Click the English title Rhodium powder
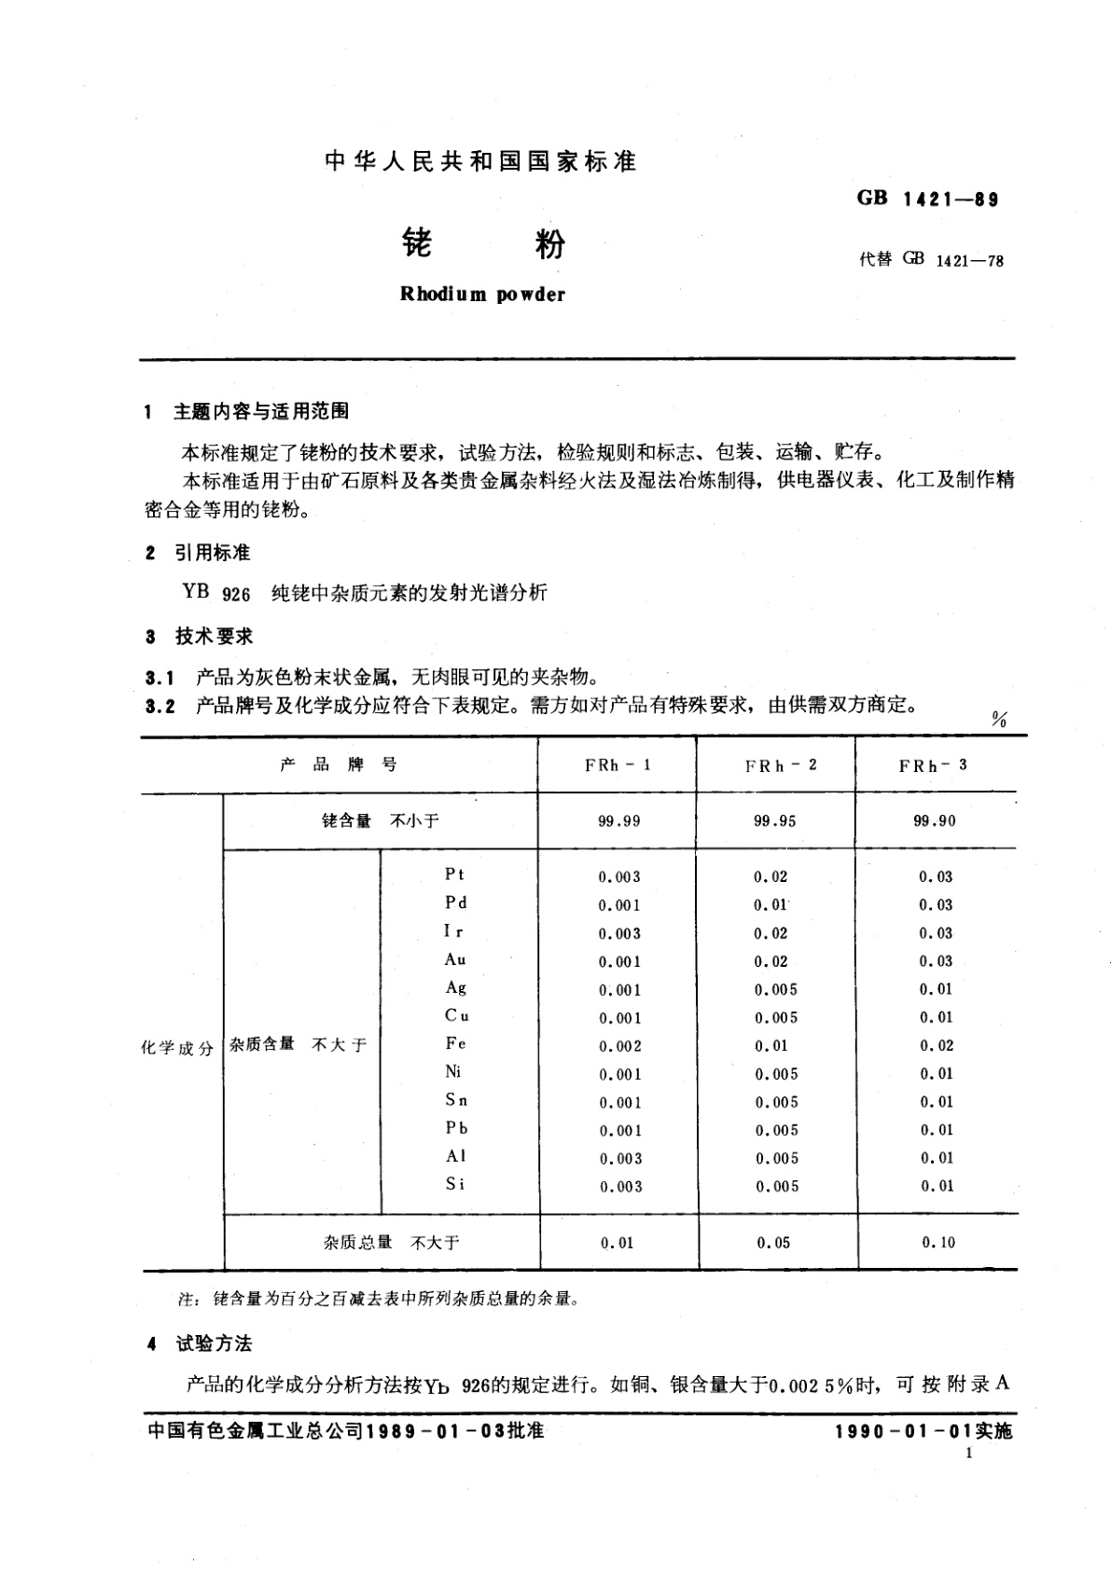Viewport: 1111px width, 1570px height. [x=482, y=295]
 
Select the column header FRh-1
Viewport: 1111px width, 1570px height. [x=618, y=765]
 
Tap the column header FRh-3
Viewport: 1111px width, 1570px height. [x=933, y=765]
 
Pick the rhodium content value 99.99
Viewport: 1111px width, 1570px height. [x=618, y=821]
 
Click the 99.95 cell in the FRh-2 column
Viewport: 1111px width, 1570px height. [x=774, y=821]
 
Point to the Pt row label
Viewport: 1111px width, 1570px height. [x=454, y=875]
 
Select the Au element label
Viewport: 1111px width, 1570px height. [x=455, y=959]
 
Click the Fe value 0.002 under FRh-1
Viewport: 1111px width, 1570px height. [x=619, y=1046]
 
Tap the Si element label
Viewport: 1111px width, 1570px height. [x=454, y=1185]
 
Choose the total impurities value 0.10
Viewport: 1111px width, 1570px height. [x=938, y=1243]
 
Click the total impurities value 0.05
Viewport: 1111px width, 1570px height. [x=773, y=1243]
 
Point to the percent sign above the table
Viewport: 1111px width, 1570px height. [x=999, y=719]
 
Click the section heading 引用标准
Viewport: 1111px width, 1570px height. [x=212, y=553]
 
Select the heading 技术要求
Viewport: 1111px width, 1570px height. [x=214, y=637]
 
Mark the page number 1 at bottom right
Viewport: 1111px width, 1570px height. [x=970, y=1454]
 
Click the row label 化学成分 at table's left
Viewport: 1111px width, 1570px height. [x=177, y=1048]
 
